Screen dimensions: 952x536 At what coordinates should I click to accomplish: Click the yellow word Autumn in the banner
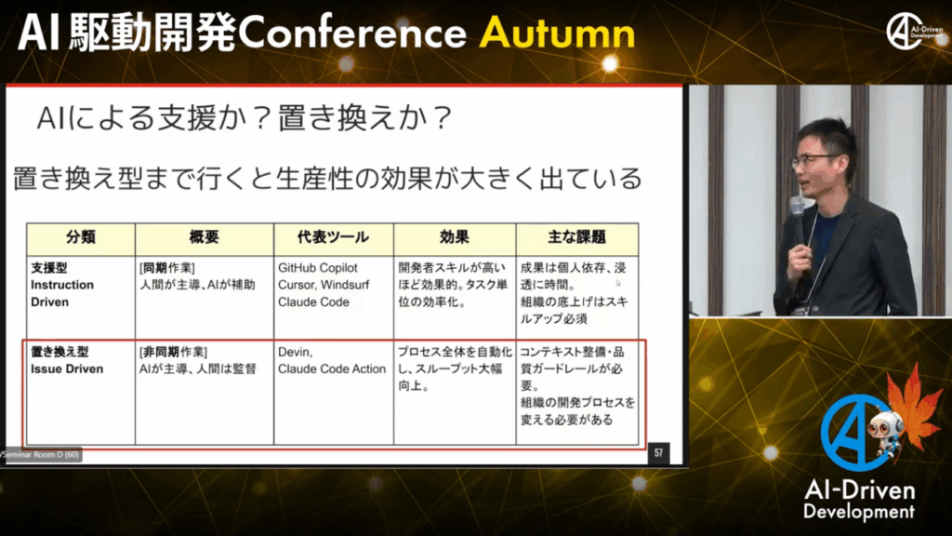coord(557,33)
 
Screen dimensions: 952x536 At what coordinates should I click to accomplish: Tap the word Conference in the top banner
coord(352,33)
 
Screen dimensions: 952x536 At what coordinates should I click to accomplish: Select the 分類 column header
coord(81,237)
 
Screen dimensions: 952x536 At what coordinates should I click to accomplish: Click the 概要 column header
coord(204,237)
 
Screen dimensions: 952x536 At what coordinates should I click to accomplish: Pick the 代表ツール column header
coord(333,237)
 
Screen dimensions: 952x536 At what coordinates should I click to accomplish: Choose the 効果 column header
coord(454,237)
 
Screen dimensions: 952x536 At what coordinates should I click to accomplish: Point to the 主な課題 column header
coord(576,237)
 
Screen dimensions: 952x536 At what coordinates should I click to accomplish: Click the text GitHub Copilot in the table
coord(318,268)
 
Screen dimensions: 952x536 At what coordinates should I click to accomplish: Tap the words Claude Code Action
coord(332,368)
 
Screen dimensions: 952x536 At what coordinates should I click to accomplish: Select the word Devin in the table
coord(295,353)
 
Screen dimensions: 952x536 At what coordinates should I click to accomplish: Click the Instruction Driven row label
coord(62,293)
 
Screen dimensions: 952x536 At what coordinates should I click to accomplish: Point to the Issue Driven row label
coord(67,368)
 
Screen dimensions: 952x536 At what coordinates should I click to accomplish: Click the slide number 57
coord(659,453)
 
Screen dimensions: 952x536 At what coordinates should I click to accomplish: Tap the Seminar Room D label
coord(40,454)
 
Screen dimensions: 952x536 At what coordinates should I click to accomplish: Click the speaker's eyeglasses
coord(814,160)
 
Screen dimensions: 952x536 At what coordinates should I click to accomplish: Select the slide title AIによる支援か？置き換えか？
coord(245,117)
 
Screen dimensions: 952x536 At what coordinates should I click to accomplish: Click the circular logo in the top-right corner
coord(906,31)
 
